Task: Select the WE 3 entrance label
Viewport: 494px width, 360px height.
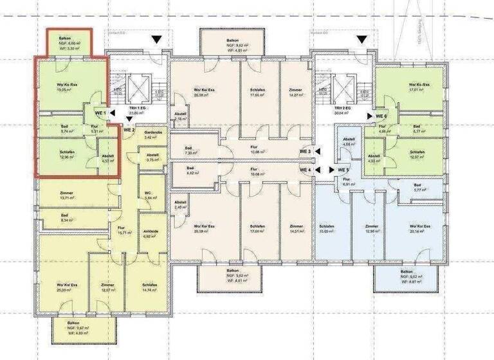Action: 306,152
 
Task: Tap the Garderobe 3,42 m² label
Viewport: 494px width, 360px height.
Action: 151,134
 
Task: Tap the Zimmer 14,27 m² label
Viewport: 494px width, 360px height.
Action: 295,93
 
